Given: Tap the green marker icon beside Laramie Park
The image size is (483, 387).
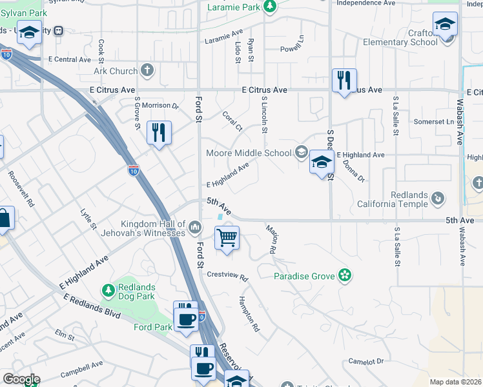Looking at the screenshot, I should pos(271,7).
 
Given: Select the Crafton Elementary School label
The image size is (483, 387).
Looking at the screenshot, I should pos(399,37).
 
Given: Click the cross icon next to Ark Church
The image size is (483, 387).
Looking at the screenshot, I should pos(147,71).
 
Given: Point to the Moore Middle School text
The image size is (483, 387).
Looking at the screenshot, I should pos(249,153).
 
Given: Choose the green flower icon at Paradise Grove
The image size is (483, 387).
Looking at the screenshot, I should pos(345,275).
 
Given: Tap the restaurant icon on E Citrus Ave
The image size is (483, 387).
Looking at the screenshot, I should pos(344,80).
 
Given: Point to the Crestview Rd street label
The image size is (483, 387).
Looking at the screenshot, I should pos(227,276).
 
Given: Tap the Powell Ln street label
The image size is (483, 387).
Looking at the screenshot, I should pos(292,49).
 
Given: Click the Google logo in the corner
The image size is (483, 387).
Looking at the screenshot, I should pos(21,379).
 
